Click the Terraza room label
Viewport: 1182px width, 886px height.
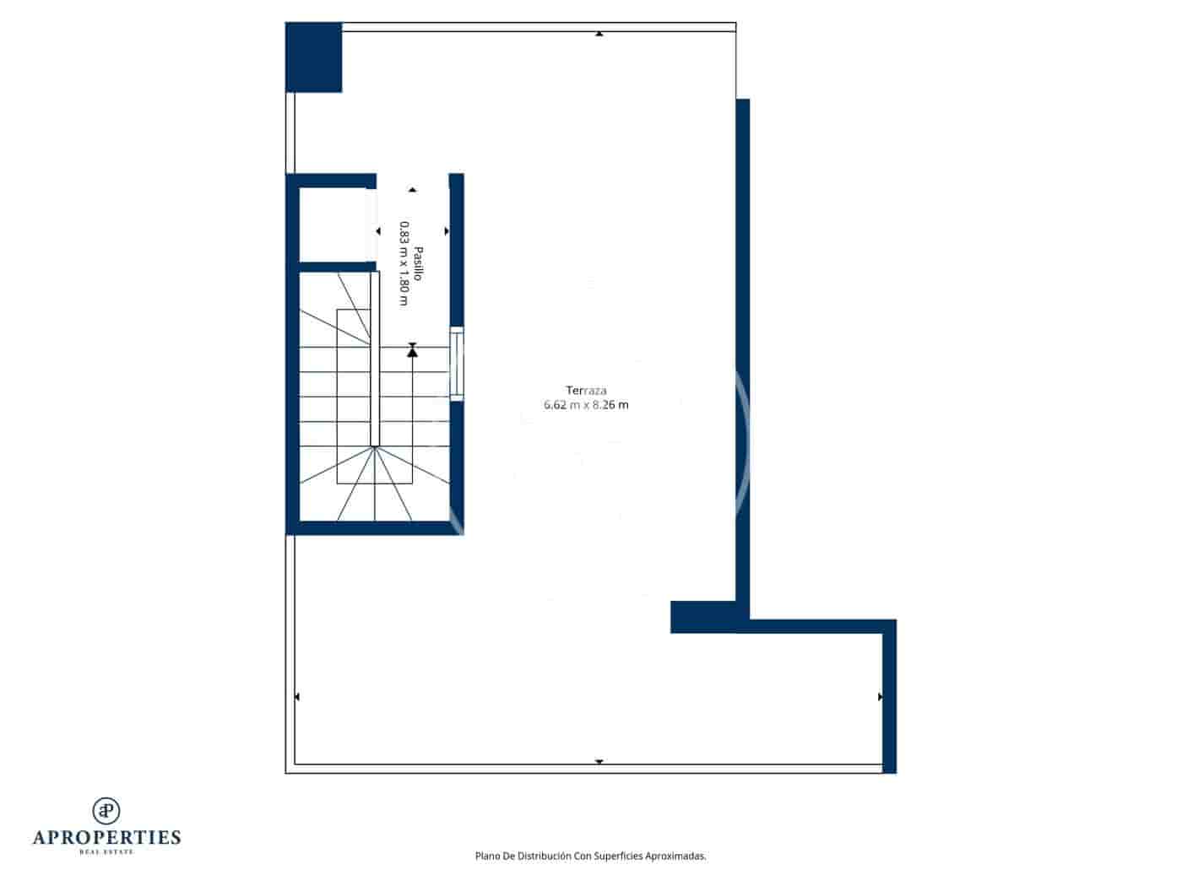pyautogui.click(x=586, y=391)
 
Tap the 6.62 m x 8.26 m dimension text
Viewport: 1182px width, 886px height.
pyautogui.click(x=586, y=405)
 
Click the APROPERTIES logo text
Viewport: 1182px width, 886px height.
pyautogui.click(x=106, y=838)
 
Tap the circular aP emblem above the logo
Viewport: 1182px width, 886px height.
pyautogui.click(x=106, y=810)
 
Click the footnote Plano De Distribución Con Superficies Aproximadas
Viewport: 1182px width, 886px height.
pyautogui.click(x=590, y=856)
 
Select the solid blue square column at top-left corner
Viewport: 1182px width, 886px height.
pyautogui.click(x=313, y=57)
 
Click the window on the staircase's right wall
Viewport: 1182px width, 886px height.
pyautogui.click(x=457, y=364)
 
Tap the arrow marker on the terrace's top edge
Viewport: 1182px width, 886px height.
pyautogui.click(x=599, y=34)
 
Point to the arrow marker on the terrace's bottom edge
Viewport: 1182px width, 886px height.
pyautogui.click(x=599, y=762)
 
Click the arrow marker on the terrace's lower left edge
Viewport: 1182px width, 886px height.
pyautogui.click(x=296, y=697)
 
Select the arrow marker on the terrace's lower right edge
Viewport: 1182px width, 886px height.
pyautogui.click(x=880, y=697)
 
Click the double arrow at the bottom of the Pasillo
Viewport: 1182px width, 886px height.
pyautogui.click(x=412, y=349)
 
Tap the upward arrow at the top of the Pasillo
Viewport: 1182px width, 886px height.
pyautogui.click(x=412, y=190)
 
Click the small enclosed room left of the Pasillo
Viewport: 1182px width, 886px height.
pyautogui.click(x=333, y=224)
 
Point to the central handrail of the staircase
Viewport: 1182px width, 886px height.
pyautogui.click(x=375, y=359)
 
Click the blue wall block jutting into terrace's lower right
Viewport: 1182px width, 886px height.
pyautogui.click(x=702, y=617)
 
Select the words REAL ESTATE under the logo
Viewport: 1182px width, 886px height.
pyautogui.click(x=106, y=852)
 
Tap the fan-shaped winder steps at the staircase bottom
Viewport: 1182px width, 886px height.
pyautogui.click(x=375, y=485)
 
